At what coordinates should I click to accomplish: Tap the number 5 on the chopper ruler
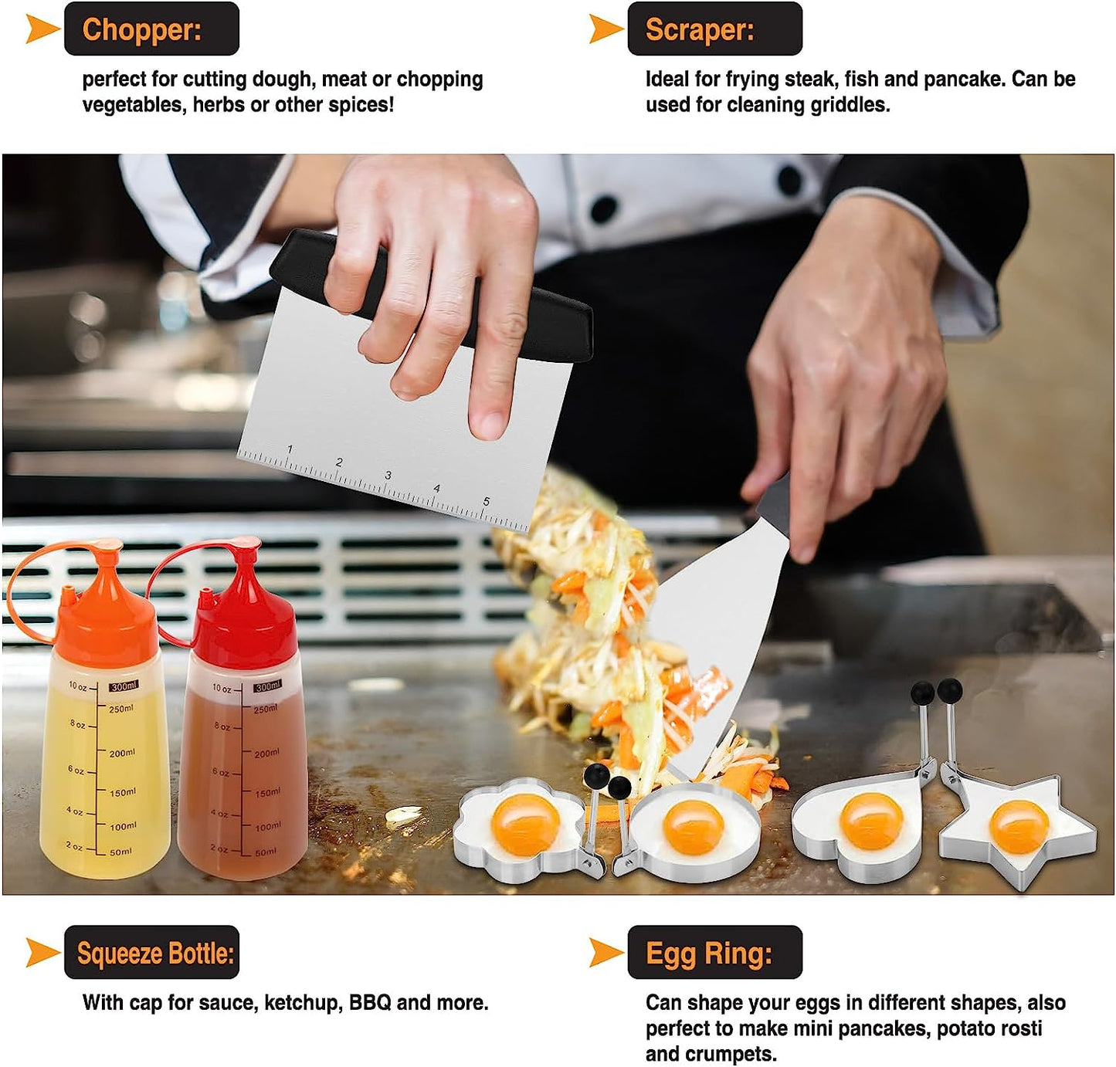486,501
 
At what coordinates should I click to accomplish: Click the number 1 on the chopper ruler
290,449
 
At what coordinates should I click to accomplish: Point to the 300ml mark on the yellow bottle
124,686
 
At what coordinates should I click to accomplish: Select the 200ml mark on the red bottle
267,753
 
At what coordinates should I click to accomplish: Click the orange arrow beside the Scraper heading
605,29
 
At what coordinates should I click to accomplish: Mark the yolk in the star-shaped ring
1019,826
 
